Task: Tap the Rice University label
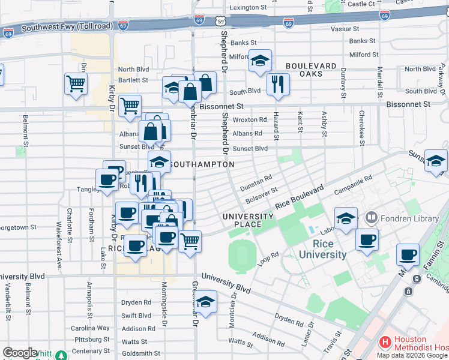pos(330,249)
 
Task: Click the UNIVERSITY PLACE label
pos(248,220)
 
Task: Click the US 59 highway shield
pos(221,20)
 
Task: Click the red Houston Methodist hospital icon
pos(385,343)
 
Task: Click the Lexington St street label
pos(247,7)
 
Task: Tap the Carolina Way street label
pos(90,328)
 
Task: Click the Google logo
pos(20,353)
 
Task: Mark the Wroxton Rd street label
pos(250,120)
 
